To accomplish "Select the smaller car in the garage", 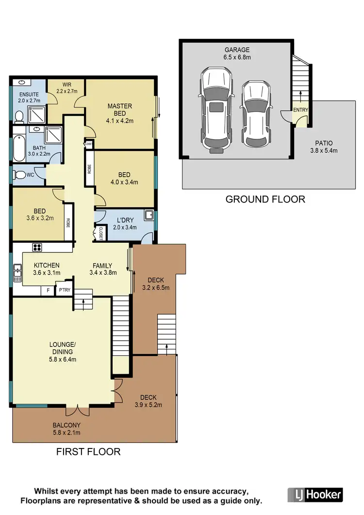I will click(255, 114).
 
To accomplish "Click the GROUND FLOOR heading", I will click(265, 199).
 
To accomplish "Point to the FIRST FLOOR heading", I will click(88, 452).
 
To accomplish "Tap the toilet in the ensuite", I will click(19, 116).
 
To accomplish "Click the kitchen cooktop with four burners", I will click(36, 248).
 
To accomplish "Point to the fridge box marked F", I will click(48, 291).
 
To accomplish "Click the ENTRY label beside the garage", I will click(300, 110).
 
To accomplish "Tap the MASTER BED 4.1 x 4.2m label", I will click(119, 114).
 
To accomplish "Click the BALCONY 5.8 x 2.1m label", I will click(66, 429).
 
